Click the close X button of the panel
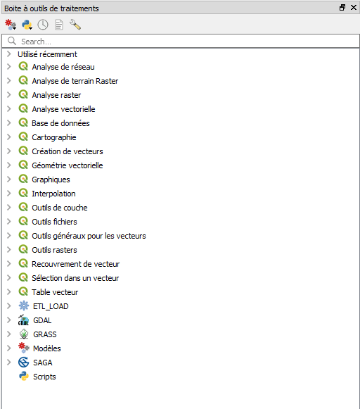pyautogui.click(x=354, y=8)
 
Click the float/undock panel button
pyautogui.click(x=342, y=8)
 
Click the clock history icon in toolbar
pyautogui.click(x=43, y=25)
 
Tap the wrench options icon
pyautogui.click(x=75, y=25)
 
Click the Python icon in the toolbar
pyautogui.click(x=27, y=25)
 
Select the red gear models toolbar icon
pyautogui.click(x=11, y=25)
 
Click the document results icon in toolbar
pyautogui.click(x=59, y=25)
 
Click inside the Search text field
pyautogui.click(x=182, y=42)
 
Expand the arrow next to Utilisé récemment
pyautogui.click(x=9, y=54)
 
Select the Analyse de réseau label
pyautogui.click(x=63, y=67)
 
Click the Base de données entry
pyautogui.click(x=60, y=123)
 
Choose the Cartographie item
pyautogui.click(x=54, y=137)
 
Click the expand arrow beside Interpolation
pyautogui.click(x=9, y=194)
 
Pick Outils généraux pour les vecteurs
pyautogui.click(x=89, y=236)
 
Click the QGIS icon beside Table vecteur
pyautogui.click(x=23, y=291)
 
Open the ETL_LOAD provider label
pyautogui.click(x=51, y=306)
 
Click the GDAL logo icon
pyautogui.click(x=23, y=320)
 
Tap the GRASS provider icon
pyautogui.click(x=24, y=334)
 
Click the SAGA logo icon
pyautogui.click(x=23, y=363)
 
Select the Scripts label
pyautogui.click(x=44, y=377)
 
